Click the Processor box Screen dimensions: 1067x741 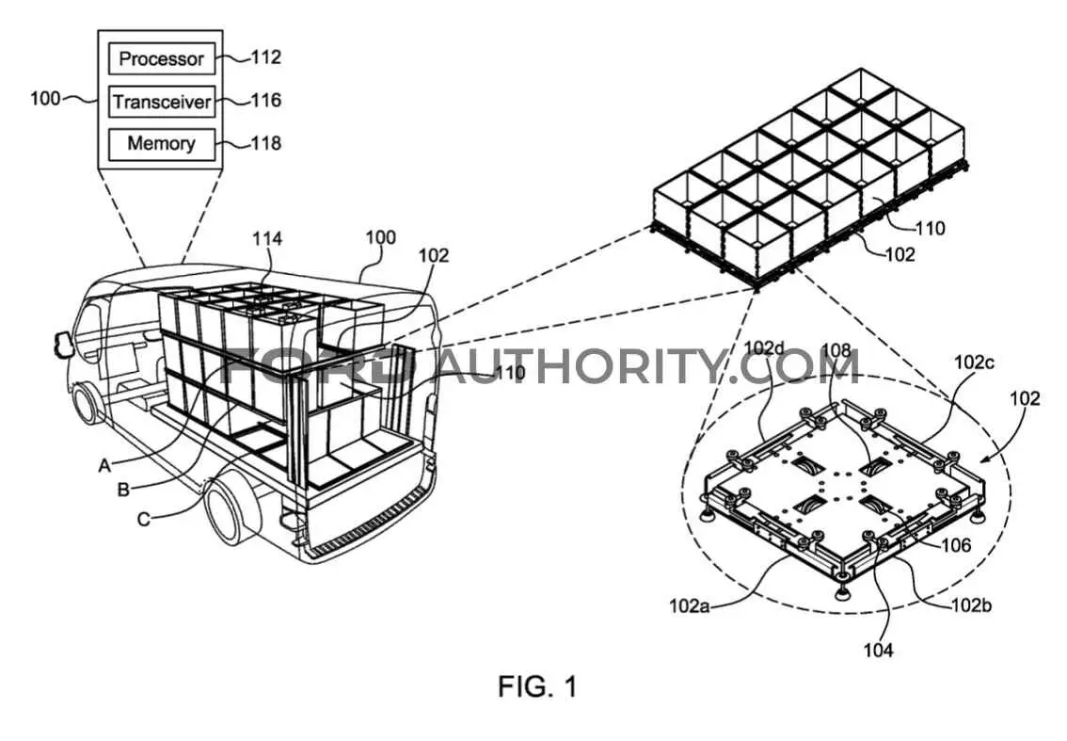(x=162, y=58)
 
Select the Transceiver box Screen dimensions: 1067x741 (x=162, y=102)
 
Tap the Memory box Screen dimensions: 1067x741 (x=162, y=144)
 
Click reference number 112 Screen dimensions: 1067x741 (x=266, y=57)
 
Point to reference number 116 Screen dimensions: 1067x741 (x=266, y=101)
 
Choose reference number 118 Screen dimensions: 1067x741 (x=266, y=143)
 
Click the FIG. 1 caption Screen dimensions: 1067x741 (x=537, y=685)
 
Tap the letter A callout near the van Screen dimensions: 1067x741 (x=104, y=466)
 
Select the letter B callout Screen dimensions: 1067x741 (x=123, y=490)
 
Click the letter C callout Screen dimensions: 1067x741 (x=144, y=520)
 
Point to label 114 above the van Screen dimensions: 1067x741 (x=267, y=238)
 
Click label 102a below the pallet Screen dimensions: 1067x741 (x=690, y=605)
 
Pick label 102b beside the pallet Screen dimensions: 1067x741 (x=971, y=604)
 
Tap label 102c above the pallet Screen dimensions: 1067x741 (x=974, y=362)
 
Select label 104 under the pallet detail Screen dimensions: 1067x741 (x=878, y=651)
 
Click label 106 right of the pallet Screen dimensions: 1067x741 (x=956, y=545)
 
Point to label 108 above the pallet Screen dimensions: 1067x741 (x=836, y=351)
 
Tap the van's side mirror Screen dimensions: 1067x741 (x=63, y=344)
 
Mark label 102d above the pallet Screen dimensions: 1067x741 (x=764, y=348)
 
